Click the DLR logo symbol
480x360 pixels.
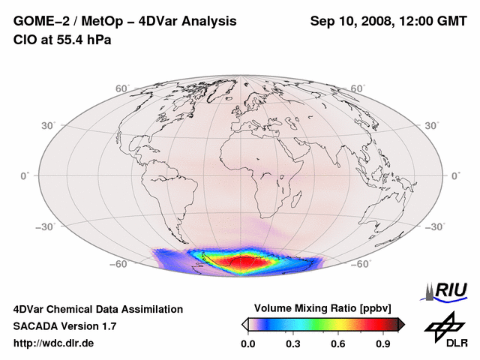[x=443, y=325]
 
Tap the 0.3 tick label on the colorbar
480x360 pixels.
[x=294, y=344]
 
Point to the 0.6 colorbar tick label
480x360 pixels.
[x=339, y=344]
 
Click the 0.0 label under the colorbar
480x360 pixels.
[x=248, y=344]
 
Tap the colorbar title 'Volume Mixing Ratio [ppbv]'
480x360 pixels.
[x=323, y=308]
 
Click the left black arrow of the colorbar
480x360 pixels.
[x=244, y=324]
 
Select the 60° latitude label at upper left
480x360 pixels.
[x=123, y=88]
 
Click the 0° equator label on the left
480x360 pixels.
[x=25, y=175]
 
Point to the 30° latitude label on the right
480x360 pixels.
[x=433, y=125]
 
